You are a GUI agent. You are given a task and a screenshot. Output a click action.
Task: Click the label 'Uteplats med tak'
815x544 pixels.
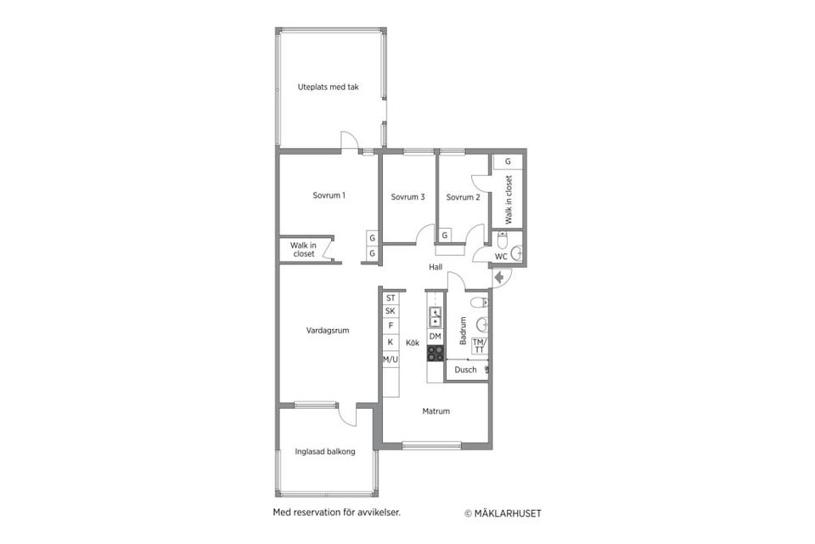point(328,87)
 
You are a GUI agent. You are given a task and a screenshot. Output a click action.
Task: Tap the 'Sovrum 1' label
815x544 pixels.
point(329,195)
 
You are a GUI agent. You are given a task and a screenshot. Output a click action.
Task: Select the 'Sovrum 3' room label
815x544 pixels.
point(407,197)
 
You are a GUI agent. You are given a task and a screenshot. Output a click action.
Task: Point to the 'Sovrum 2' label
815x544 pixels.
point(464,197)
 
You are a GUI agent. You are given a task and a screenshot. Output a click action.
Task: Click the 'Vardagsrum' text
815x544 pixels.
point(328,331)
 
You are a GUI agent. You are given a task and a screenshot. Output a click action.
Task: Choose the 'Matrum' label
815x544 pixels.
point(436,411)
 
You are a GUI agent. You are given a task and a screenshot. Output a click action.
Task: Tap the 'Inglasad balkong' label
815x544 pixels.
point(325,451)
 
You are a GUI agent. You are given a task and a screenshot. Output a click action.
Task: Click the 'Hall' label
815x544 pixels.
point(436,267)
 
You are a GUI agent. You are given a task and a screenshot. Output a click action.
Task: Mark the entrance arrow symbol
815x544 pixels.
point(498,276)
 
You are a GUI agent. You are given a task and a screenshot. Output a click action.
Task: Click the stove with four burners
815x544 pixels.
point(435,353)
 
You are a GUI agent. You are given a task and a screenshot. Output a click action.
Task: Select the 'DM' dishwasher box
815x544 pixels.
point(435,337)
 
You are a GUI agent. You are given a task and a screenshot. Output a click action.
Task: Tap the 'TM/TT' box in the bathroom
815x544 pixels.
point(479,345)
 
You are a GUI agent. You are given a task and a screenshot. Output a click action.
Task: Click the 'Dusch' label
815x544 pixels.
point(465,370)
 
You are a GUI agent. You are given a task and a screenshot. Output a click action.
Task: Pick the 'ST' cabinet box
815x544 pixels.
point(391,298)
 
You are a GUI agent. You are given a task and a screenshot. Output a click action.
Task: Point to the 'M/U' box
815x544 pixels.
point(391,360)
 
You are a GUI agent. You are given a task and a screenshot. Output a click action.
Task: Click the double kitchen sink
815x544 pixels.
point(435,317)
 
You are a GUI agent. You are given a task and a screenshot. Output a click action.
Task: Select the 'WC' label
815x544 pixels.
point(501,256)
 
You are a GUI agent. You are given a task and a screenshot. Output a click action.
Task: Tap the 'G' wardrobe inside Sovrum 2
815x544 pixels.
point(445,235)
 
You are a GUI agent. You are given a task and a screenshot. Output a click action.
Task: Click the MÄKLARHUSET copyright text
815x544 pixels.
point(503,513)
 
